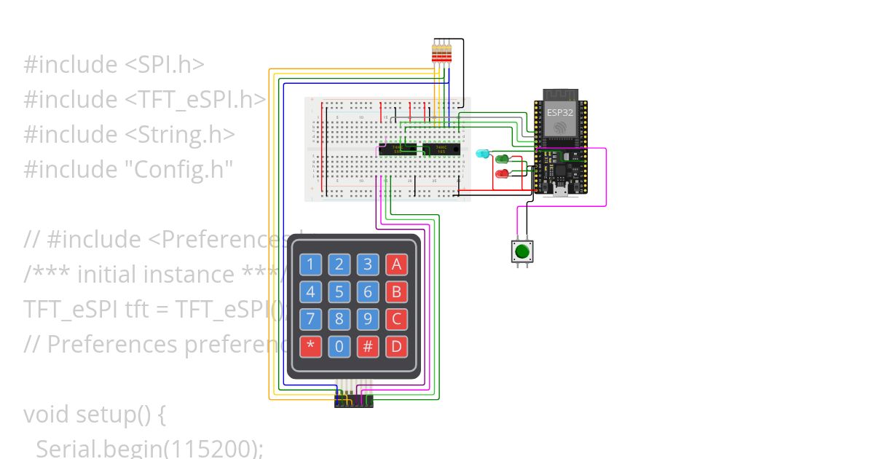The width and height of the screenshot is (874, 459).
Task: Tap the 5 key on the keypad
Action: tap(339, 292)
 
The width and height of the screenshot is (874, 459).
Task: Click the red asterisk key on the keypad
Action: tap(311, 345)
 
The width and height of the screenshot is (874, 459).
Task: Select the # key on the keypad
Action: tap(368, 345)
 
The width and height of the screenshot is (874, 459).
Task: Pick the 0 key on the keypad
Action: tap(339, 345)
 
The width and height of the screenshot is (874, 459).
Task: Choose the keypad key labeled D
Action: tap(396, 345)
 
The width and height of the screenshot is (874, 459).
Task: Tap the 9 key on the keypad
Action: tap(368, 319)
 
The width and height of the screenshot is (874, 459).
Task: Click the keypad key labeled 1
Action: tap(311, 264)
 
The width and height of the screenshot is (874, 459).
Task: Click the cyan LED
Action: tap(482, 154)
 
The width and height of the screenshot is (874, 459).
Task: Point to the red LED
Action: tap(502, 173)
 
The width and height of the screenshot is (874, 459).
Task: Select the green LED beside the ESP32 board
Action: tap(502, 159)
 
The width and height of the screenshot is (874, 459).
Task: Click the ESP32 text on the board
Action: tap(560, 113)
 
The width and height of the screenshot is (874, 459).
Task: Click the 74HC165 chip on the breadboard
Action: tap(441, 149)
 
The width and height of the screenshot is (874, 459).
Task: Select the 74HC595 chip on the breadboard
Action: tap(397, 149)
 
